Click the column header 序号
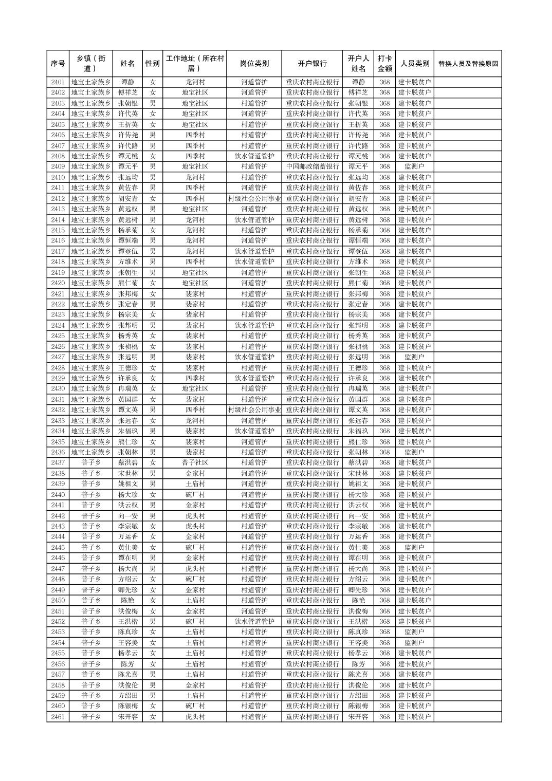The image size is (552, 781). click(x=58, y=64)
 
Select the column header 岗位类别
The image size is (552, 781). click(x=254, y=64)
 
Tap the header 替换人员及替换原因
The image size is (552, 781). click(x=467, y=64)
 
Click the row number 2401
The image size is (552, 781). click(x=58, y=82)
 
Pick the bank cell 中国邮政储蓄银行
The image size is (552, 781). click(x=312, y=166)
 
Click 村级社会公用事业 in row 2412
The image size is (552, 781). click(x=254, y=198)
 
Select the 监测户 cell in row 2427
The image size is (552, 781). click(x=414, y=357)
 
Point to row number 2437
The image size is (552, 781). click(x=58, y=463)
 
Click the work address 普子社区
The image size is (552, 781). click(x=195, y=463)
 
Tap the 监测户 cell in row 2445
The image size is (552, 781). click(x=414, y=548)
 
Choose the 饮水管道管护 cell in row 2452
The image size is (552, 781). click(x=254, y=622)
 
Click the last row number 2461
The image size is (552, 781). click(x=58, y=717)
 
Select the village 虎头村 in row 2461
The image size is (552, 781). click(x=195, y=717)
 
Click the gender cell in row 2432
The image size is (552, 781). click(x=153, y=410)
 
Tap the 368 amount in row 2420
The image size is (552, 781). click(x=384, y=283)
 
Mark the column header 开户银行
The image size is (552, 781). click(x=312, y=64)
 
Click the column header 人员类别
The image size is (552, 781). click(x=414, y=64)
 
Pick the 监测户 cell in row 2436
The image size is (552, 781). click(x=414, y=452)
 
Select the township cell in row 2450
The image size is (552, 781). click(x=91, y=601)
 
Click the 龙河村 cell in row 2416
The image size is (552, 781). click(x=195, y=240)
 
